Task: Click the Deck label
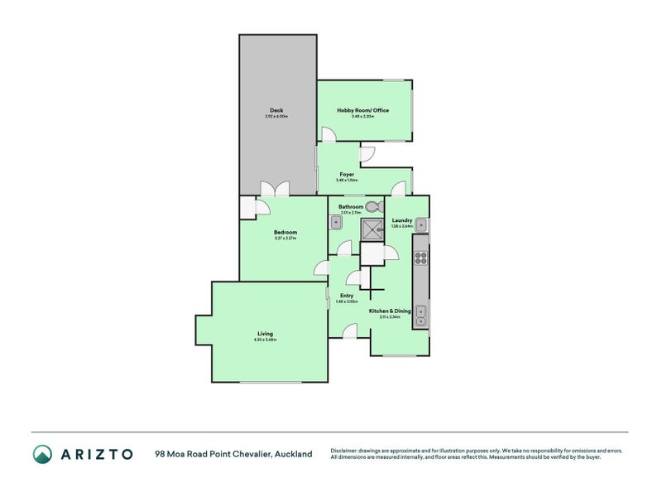coord(276,110)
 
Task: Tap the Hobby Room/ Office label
coord(362,110)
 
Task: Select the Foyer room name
coord(348,174)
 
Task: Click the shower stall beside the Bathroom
coord(372,229)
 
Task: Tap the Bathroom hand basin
coord(337,222)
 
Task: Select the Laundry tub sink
coord(421,224)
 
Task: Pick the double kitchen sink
coord(420,314)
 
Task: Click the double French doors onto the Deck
coord(275,189)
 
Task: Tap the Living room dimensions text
coord(265,340)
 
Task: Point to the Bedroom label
coord(285,232)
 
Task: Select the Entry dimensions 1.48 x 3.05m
coord(347,302)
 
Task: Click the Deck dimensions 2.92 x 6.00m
coord(276,117)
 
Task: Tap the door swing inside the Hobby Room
coord(329,134)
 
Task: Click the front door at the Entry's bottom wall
coord(350,331)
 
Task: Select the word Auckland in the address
coord(293,454)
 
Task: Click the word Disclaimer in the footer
coord(346,450)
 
